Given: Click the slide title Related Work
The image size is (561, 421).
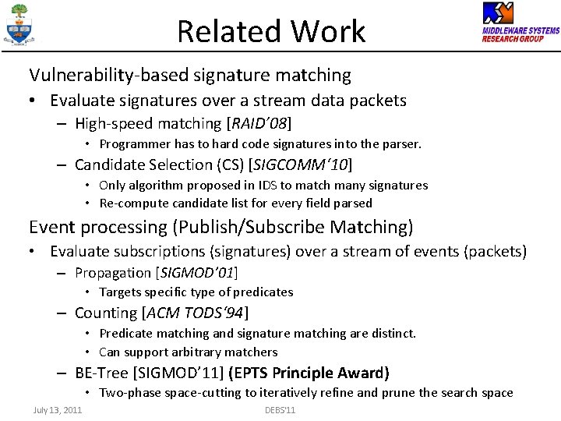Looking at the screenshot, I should tap(270, 32).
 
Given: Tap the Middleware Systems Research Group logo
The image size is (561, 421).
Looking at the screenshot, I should tap(520, 23).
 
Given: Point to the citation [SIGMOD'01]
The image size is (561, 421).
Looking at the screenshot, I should tap(197, 273).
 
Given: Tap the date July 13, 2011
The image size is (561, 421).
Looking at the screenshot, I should tap(58, 410).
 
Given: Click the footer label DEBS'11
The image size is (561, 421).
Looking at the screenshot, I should tap(280, 410).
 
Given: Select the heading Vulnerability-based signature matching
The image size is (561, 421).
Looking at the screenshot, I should tap(190, 75).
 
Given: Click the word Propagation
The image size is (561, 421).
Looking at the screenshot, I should tap(113, 273).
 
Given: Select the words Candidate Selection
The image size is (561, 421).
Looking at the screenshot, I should tap(143, 165).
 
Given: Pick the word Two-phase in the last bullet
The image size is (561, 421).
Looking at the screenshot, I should tap(129, 393).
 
